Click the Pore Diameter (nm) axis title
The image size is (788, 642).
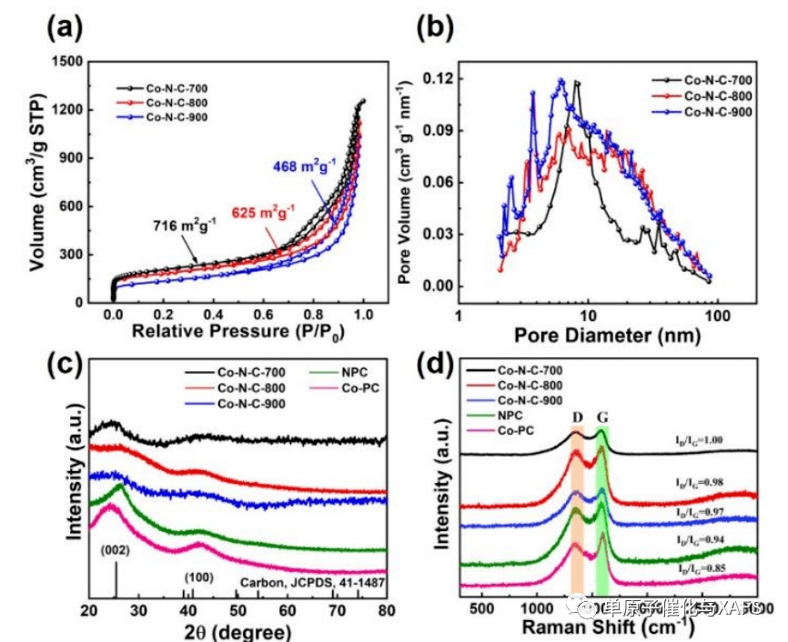click(608, 336)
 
